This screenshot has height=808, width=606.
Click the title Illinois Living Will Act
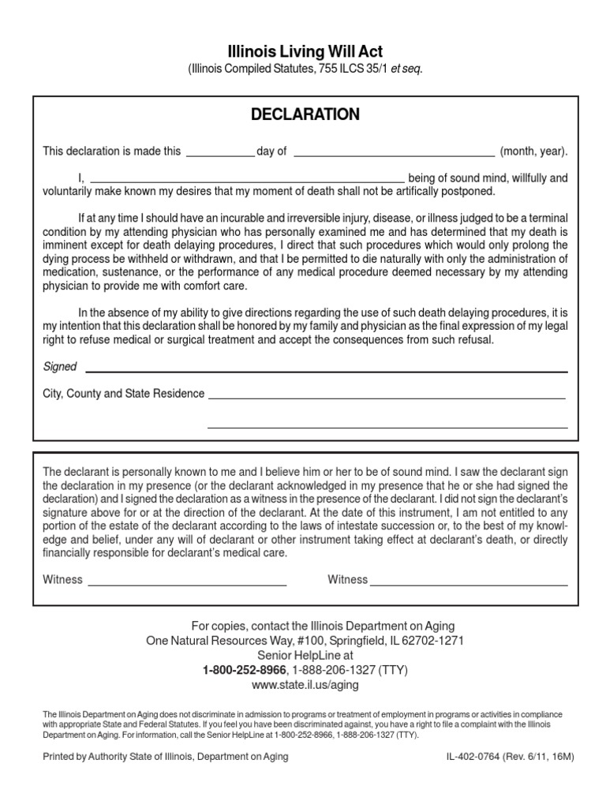[305, 52]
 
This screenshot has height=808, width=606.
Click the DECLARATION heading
[305, 114]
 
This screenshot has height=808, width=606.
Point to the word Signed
[60, 367]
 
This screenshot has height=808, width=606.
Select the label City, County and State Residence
[124, 394]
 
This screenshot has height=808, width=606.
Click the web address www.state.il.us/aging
[305, 685]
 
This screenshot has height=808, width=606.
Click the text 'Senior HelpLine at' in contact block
[305, 655]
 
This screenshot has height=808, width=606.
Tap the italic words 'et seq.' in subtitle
[407, 69]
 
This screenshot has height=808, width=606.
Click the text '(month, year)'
[534, 151]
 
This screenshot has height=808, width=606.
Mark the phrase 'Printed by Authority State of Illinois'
[118, 757]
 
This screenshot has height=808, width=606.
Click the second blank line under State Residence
[387, 427]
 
